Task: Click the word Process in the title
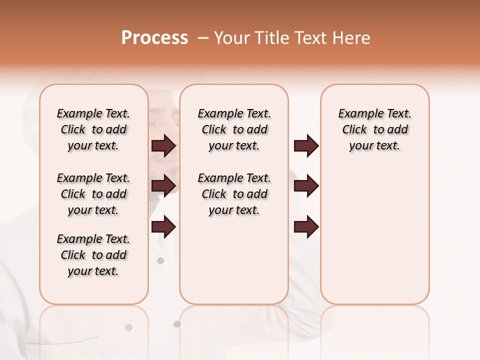pyautogui.click(x=154, y=38)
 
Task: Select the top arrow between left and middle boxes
pyautogui.click(x=163, y=145)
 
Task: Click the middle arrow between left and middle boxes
pyautogui.click(x=163, y=186)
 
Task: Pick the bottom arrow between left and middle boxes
pyautogui.click(x=163, y=227)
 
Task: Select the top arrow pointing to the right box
pyautogui.click(x=306, y=145)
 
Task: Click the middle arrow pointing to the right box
pyautogui.click(x=306, y=186)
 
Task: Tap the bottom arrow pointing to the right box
pyautogui.click(x=306, y=227)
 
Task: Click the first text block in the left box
pyautogui.click(x=93, y=130)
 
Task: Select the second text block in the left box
pyautogui.click(x=93, y=194)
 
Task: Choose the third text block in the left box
pyautogui.click(x=93, y=255)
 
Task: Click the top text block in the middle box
pyautogui.click(x=234, y=130)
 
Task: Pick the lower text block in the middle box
pyautogui.click(x=234, y=194)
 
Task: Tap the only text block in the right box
pyautogui.click(x=374, y=130)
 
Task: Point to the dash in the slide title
pyautogui.click(x=203, y=38)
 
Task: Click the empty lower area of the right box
pyautogui.click(x=374, y=235)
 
